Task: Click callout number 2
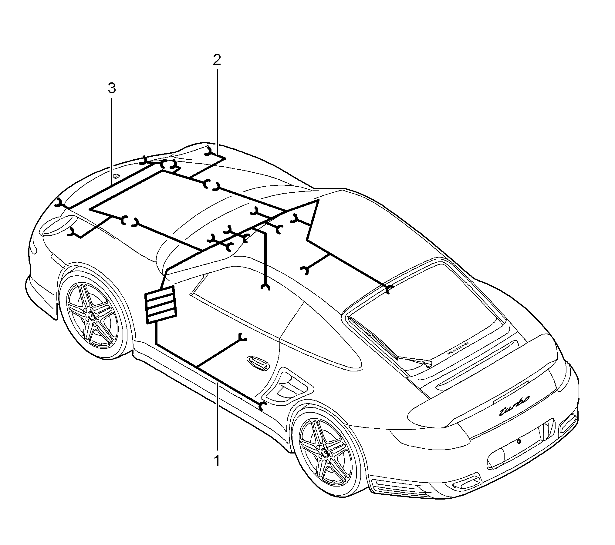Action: (217, 60)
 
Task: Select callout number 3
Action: (112, 88)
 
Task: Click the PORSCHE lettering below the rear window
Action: (458, 349)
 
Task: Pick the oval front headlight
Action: (58, 225)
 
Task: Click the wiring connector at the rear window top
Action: (389, 289)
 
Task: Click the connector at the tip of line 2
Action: (209, 151)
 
